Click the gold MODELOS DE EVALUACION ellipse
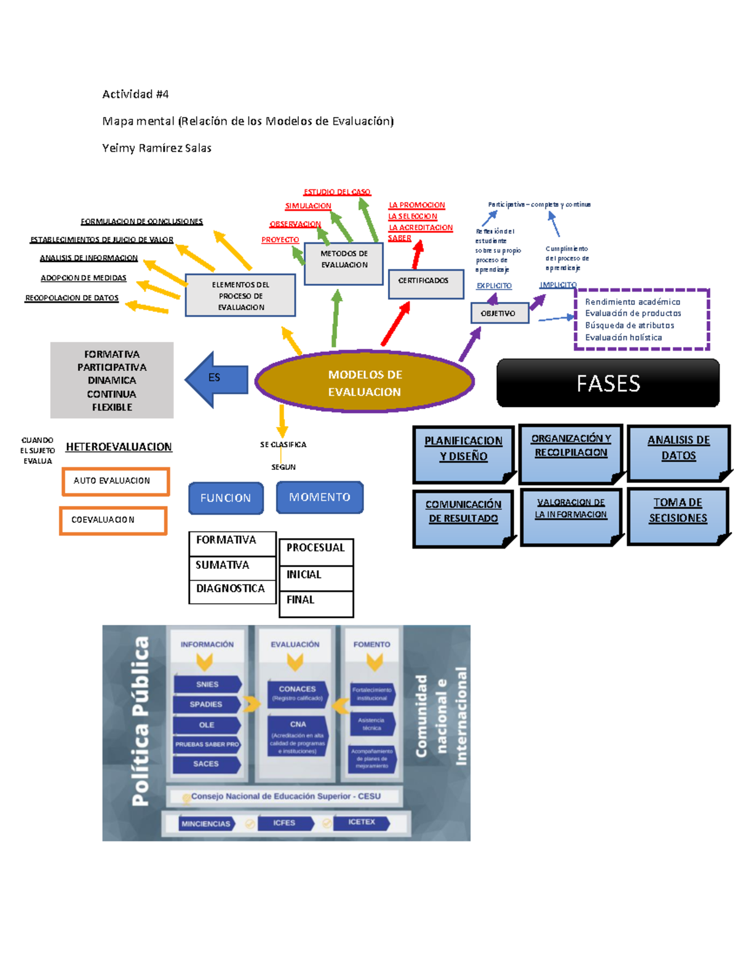(364, 382)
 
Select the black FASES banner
(608, 383)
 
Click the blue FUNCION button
(226, 498)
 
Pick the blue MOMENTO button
(320, 497)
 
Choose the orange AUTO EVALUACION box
(115, 481)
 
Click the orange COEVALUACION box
(113, 520)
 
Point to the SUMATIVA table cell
(232, 565)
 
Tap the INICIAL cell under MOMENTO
(316, 575)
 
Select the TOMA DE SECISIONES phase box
(678, 515)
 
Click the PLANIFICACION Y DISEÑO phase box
(464, 453)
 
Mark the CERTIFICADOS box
(426, 283)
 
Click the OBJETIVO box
(499, 313)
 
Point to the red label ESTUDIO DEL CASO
(337, 192)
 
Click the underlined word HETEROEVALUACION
(119, 447)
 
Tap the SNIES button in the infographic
(207, 684)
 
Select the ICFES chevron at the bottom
(285, 823)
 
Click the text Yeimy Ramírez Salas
(157, 148)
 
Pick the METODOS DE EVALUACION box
(344, 263)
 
